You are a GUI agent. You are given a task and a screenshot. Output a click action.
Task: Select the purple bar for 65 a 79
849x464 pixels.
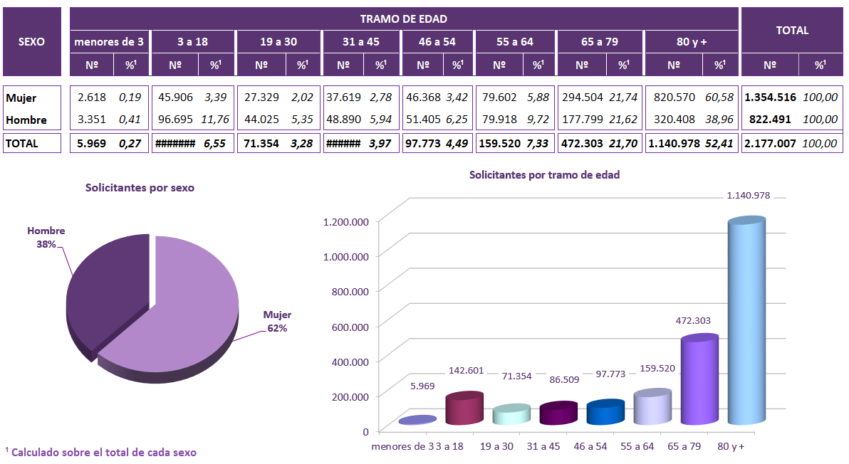(x=699, y=381)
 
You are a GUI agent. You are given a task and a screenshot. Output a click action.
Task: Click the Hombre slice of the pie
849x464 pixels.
(x=107, y=292)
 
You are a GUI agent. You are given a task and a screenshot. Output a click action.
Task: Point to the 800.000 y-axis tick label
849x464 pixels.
(x=345, y=291)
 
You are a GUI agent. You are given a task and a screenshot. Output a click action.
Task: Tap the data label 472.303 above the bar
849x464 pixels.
(x=693, y=321)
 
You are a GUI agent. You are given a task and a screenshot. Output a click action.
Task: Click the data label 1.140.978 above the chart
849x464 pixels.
(x=748, y=195)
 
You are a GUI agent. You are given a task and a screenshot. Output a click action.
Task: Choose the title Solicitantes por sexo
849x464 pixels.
(x=140, y=188)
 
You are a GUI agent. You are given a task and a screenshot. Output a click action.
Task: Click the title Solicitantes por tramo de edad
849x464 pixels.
(x=544, y=174)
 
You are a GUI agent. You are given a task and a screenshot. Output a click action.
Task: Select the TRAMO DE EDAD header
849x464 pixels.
(x=404, y=19)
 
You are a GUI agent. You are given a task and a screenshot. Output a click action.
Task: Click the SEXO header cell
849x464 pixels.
(x=31, y=41)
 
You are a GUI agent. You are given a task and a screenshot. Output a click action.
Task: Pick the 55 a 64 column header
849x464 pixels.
(x=515, y=41)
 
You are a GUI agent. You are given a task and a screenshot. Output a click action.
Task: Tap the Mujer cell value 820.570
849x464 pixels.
(x=673, y=97)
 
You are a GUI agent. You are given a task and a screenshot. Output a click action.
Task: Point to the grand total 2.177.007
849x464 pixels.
(x=770, y=143)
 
